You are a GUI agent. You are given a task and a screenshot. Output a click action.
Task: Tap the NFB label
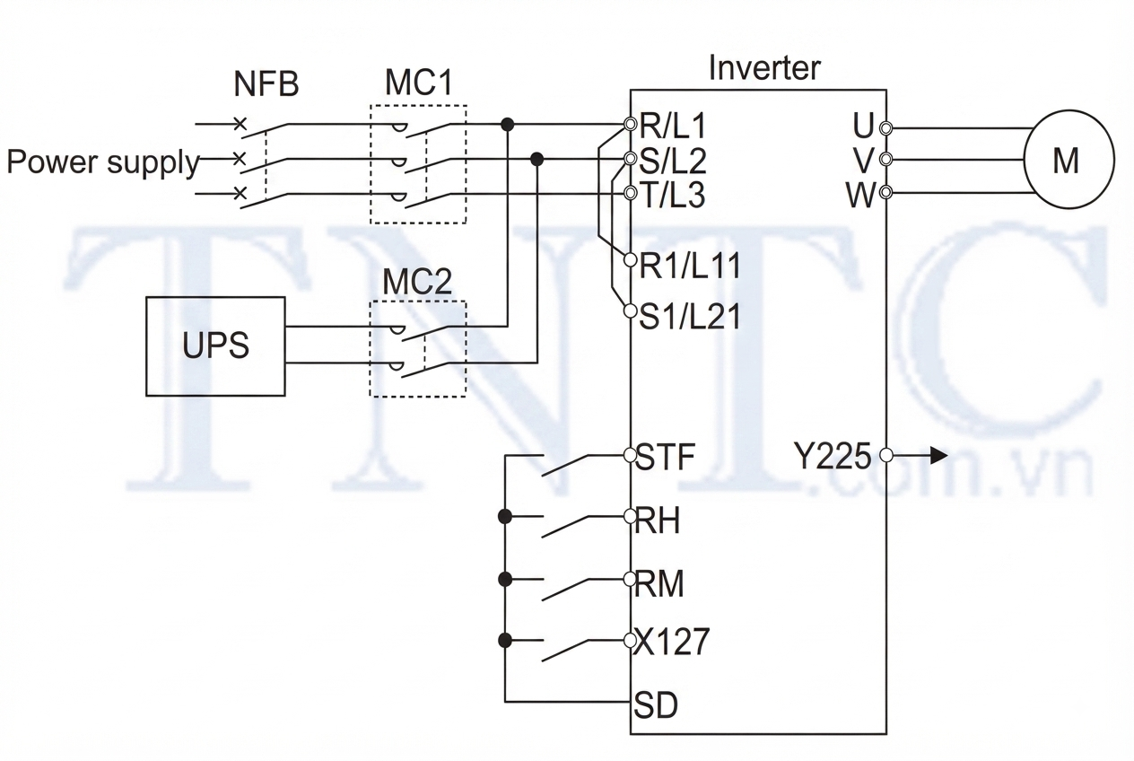coord(266,84)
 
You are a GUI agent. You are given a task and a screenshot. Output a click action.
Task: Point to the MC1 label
coord(418,82)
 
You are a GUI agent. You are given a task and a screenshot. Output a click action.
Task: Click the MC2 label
coord(417,282)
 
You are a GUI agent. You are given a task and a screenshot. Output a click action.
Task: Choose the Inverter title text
coord(764,68)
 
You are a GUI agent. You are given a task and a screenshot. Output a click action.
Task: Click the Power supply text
coord(103,163)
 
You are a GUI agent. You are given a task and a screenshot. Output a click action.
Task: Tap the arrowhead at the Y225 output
coord(939,455)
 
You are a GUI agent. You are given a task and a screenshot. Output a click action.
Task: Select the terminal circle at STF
coord(631,455)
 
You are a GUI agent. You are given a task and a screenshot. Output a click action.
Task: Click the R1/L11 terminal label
coord(690,266)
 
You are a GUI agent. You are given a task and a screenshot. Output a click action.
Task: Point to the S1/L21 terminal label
coord(690,317)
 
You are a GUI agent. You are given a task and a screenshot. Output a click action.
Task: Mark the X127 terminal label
coord(671,642)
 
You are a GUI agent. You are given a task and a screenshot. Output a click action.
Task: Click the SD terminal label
coord(656,705)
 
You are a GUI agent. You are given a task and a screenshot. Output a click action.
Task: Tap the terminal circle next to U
coord(886,127)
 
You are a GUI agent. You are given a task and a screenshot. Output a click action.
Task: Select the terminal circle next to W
coord(886,192)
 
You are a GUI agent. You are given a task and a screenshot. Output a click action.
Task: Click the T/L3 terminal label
coord(673,196)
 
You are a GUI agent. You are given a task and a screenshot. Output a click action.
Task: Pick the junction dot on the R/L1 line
coord(507,124)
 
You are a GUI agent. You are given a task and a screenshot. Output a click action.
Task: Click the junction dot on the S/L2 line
coord(536,160)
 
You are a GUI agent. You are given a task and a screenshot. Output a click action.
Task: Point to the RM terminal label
coord(659,584)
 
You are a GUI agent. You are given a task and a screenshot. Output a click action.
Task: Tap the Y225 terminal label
coord(833,456)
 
